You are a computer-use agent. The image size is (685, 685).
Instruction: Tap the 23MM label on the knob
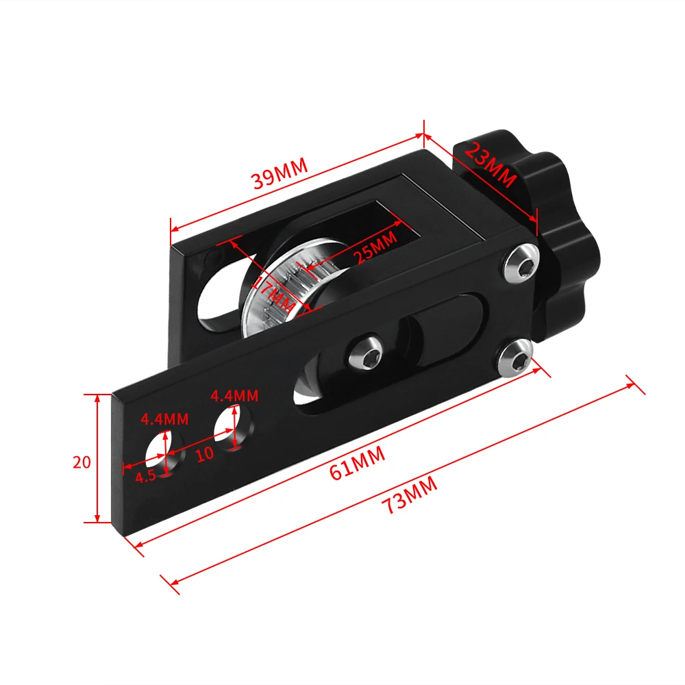tap(490, 164)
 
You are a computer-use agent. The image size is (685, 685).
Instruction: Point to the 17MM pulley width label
tap(272, 292)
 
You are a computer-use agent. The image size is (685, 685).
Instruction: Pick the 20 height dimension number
tap(82, 462)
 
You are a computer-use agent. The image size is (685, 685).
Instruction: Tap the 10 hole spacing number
tap(205, 453)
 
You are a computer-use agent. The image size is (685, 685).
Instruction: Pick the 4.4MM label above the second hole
tap(234, 395)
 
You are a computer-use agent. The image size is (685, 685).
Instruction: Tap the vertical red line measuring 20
tap(98, 458)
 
